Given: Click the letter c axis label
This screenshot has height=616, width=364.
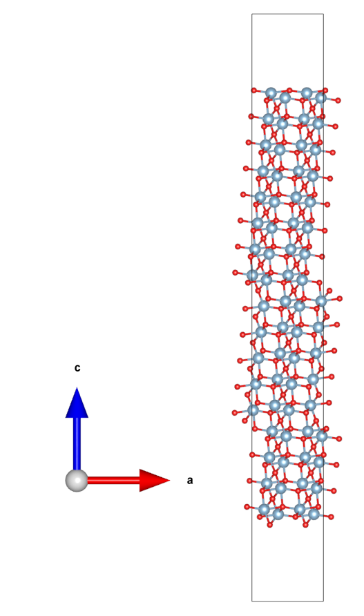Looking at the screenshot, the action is click(77, 368).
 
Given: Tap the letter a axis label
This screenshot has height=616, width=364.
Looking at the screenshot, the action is click(190, 481).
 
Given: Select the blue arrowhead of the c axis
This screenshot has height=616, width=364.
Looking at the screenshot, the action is click(77, 402).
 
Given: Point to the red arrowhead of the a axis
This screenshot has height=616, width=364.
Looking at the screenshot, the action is click(155, 480).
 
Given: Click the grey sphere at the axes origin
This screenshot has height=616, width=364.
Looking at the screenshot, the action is click(77, 480).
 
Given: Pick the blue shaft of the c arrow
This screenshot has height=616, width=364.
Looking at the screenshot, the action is click(77, 443).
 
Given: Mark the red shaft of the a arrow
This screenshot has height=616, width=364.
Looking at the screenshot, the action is click(113, 480).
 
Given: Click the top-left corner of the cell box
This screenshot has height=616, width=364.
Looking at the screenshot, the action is click(252, 14).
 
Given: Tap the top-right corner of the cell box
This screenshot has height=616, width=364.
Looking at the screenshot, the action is click(323, 14).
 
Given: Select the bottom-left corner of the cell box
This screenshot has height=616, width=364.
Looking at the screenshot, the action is click(252, 601).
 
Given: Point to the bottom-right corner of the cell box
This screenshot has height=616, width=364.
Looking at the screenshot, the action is click(323, 601).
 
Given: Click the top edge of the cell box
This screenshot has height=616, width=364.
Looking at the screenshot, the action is click(288, 14).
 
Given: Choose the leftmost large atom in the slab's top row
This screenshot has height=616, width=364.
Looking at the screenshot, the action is click(271, 93).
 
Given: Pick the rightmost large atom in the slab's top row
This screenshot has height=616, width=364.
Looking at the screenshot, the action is click(320, 97).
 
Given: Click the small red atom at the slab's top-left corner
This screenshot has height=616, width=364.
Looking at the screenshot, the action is click(254, 90).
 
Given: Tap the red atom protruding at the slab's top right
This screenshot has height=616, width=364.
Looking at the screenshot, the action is click(338, 101).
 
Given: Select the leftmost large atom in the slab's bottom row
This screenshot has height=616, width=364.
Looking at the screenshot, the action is click(264, 510).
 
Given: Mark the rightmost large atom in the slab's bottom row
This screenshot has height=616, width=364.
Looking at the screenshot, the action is click(314, 514).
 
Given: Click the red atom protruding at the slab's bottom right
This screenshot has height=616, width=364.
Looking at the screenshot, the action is click(331, 517).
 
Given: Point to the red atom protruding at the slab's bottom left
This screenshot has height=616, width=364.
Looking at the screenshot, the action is click(247, 507).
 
